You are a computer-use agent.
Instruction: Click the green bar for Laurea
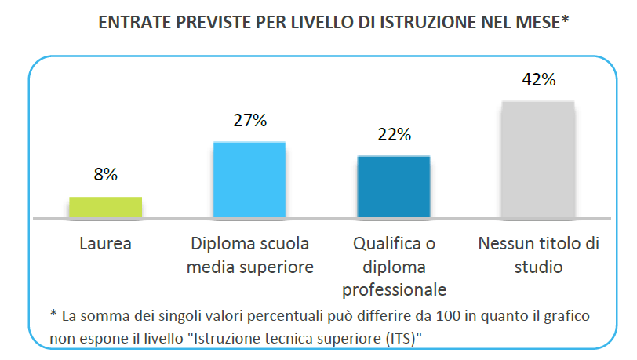pyautogui.click(x=105, y=206)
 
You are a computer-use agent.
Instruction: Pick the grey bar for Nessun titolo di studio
pyautogui.click(x=538, y=159)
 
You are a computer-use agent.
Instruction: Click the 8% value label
pyautogui.click(x=105, y=176)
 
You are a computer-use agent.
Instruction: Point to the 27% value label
pyautogui.click(x=249, y=121)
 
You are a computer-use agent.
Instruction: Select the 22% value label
pyautogui.click(x=394, y=134)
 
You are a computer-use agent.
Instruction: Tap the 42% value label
pyautogui.click(x=538, y=79)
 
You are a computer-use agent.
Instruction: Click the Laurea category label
pyautogui.click(x=105, y=244)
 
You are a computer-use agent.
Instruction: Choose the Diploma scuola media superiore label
pyautogui.click(x=250, y=255)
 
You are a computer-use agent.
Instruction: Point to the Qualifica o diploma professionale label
pyautogui.click(x=394, y=267)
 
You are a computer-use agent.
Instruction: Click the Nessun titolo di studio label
pyautogui.click(x=538, y=255)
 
